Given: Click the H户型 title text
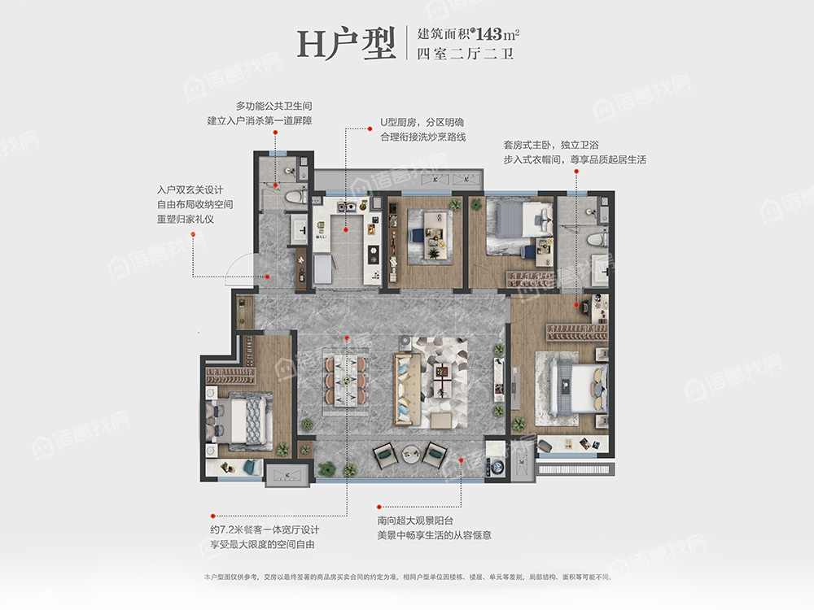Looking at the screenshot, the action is pos(346,44).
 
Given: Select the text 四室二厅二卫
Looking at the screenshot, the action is pos(465,54).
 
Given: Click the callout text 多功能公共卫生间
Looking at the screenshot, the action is pos(274,106).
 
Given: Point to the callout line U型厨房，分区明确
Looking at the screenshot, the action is pos(422,123).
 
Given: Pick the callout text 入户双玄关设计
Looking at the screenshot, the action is pos(190,190).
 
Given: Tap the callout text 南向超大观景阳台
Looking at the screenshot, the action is pos(415,521).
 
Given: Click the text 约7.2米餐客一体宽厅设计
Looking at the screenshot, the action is pos(265,529).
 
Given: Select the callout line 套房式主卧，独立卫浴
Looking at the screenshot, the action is pos(551,145).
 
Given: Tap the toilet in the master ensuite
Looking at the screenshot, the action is pos(596,239).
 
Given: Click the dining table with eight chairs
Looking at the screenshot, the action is pos(346,380).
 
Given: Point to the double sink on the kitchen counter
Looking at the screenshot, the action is pos(347,207).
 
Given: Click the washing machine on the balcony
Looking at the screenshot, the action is pos(497,466).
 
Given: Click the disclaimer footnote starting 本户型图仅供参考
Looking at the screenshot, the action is pos(409,577).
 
